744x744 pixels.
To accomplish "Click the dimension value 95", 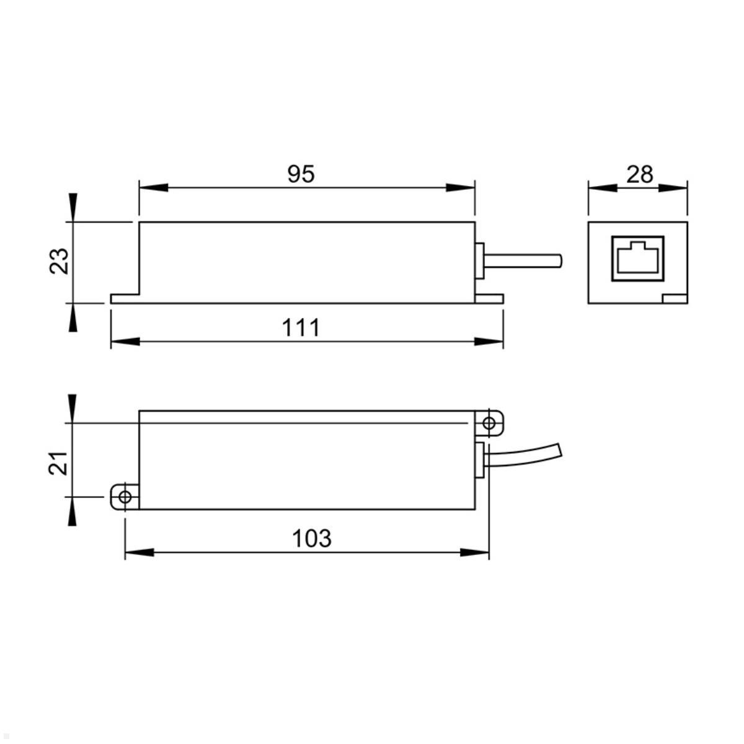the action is point(301,174).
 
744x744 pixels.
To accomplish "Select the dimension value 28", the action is point(639,174).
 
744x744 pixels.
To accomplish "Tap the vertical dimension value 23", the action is point(59,262).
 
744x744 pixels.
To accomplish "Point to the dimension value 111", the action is point(301,328).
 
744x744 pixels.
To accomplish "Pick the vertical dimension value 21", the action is point(58,463).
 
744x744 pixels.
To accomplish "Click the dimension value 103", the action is point(311,538).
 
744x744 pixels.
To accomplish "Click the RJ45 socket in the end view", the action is point(637,259).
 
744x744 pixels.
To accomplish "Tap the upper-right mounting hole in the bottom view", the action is point(489,423).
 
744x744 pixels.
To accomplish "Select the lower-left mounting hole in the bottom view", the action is point(125,497).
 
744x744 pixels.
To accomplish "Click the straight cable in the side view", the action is point(523,260).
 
